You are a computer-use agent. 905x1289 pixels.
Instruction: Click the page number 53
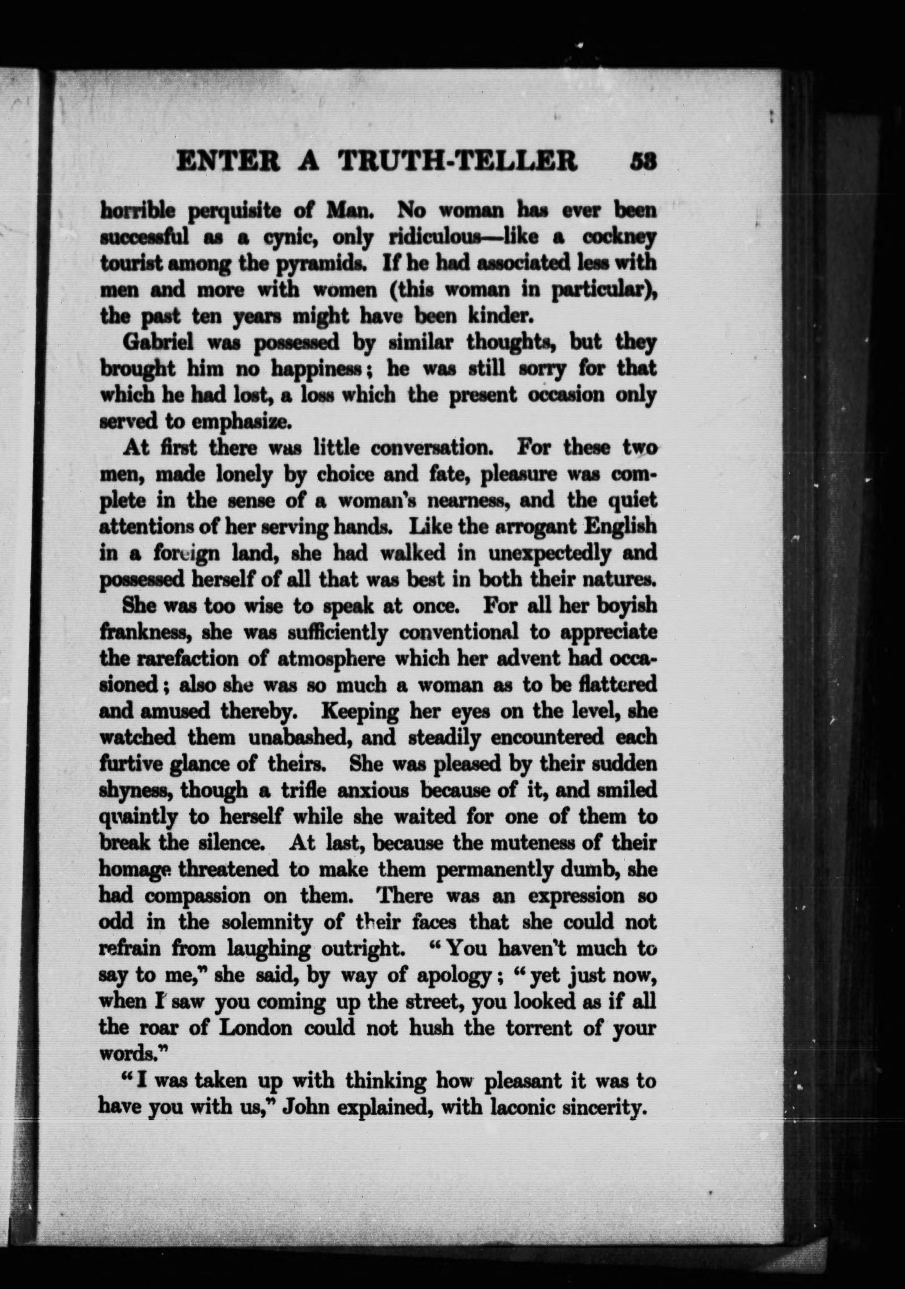[x=642, y=161]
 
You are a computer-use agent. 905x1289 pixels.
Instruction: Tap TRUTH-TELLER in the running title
[x=457, y=161]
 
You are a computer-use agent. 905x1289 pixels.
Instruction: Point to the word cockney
[x=618, y=238]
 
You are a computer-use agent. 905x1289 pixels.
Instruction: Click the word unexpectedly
[x=549, y=553]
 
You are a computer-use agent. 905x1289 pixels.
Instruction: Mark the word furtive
[x=130, y=764]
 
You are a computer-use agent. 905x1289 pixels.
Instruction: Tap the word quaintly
[x=138, y=817]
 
